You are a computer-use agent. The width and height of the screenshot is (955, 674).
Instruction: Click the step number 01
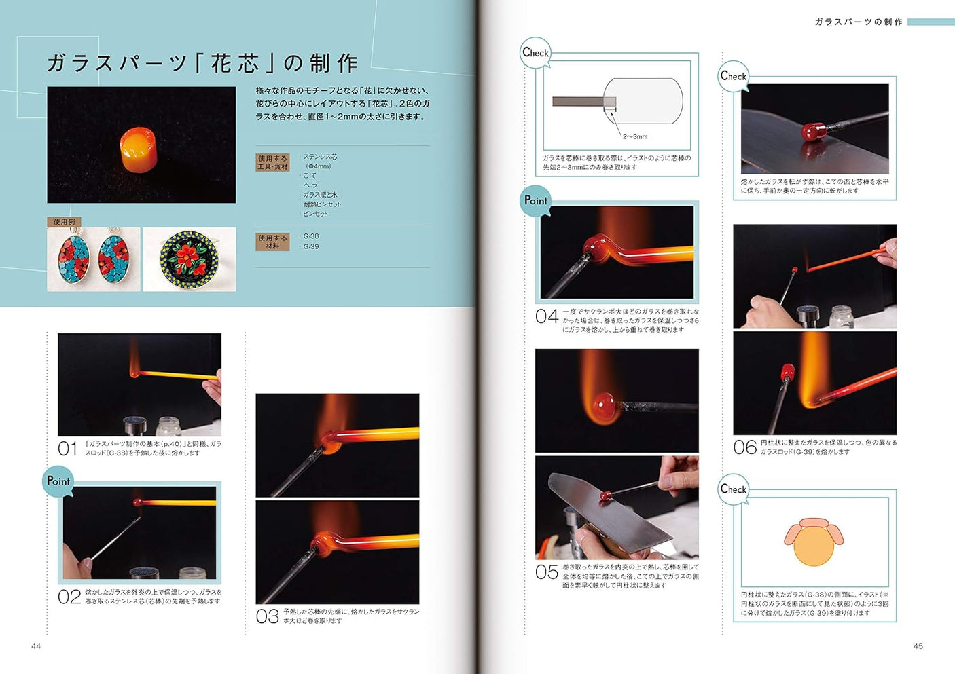[68, 448]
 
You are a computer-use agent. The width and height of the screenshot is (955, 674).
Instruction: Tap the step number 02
[69, 597]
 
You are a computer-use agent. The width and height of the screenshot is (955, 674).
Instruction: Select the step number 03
[267, 616]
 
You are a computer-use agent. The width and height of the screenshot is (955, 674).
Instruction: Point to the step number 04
[547, 316]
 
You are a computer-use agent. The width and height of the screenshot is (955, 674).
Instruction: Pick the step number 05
[547, 572]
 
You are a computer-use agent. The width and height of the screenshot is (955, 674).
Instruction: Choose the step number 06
[744, 447]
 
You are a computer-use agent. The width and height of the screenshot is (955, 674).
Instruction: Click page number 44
[36, 646]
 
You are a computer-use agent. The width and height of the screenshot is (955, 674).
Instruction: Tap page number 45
[918, 646]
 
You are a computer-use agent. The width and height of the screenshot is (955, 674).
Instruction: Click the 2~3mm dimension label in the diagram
[635, 136]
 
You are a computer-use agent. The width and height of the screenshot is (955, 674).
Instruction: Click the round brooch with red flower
[189, 259]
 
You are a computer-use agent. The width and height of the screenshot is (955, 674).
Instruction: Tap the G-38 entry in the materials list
[310, 236]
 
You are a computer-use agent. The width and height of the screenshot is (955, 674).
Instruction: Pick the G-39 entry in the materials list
[310, 246]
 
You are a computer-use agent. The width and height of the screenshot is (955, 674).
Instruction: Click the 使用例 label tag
[65, 222]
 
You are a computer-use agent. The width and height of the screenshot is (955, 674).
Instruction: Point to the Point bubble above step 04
[535, 200]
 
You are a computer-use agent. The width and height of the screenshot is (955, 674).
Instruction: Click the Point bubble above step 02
[58, 481]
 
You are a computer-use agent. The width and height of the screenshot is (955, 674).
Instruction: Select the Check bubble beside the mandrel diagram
[535, 52]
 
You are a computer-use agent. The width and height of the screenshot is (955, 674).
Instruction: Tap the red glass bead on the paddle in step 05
[602, 496]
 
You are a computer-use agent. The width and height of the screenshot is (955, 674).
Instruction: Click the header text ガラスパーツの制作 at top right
[859, 22]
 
